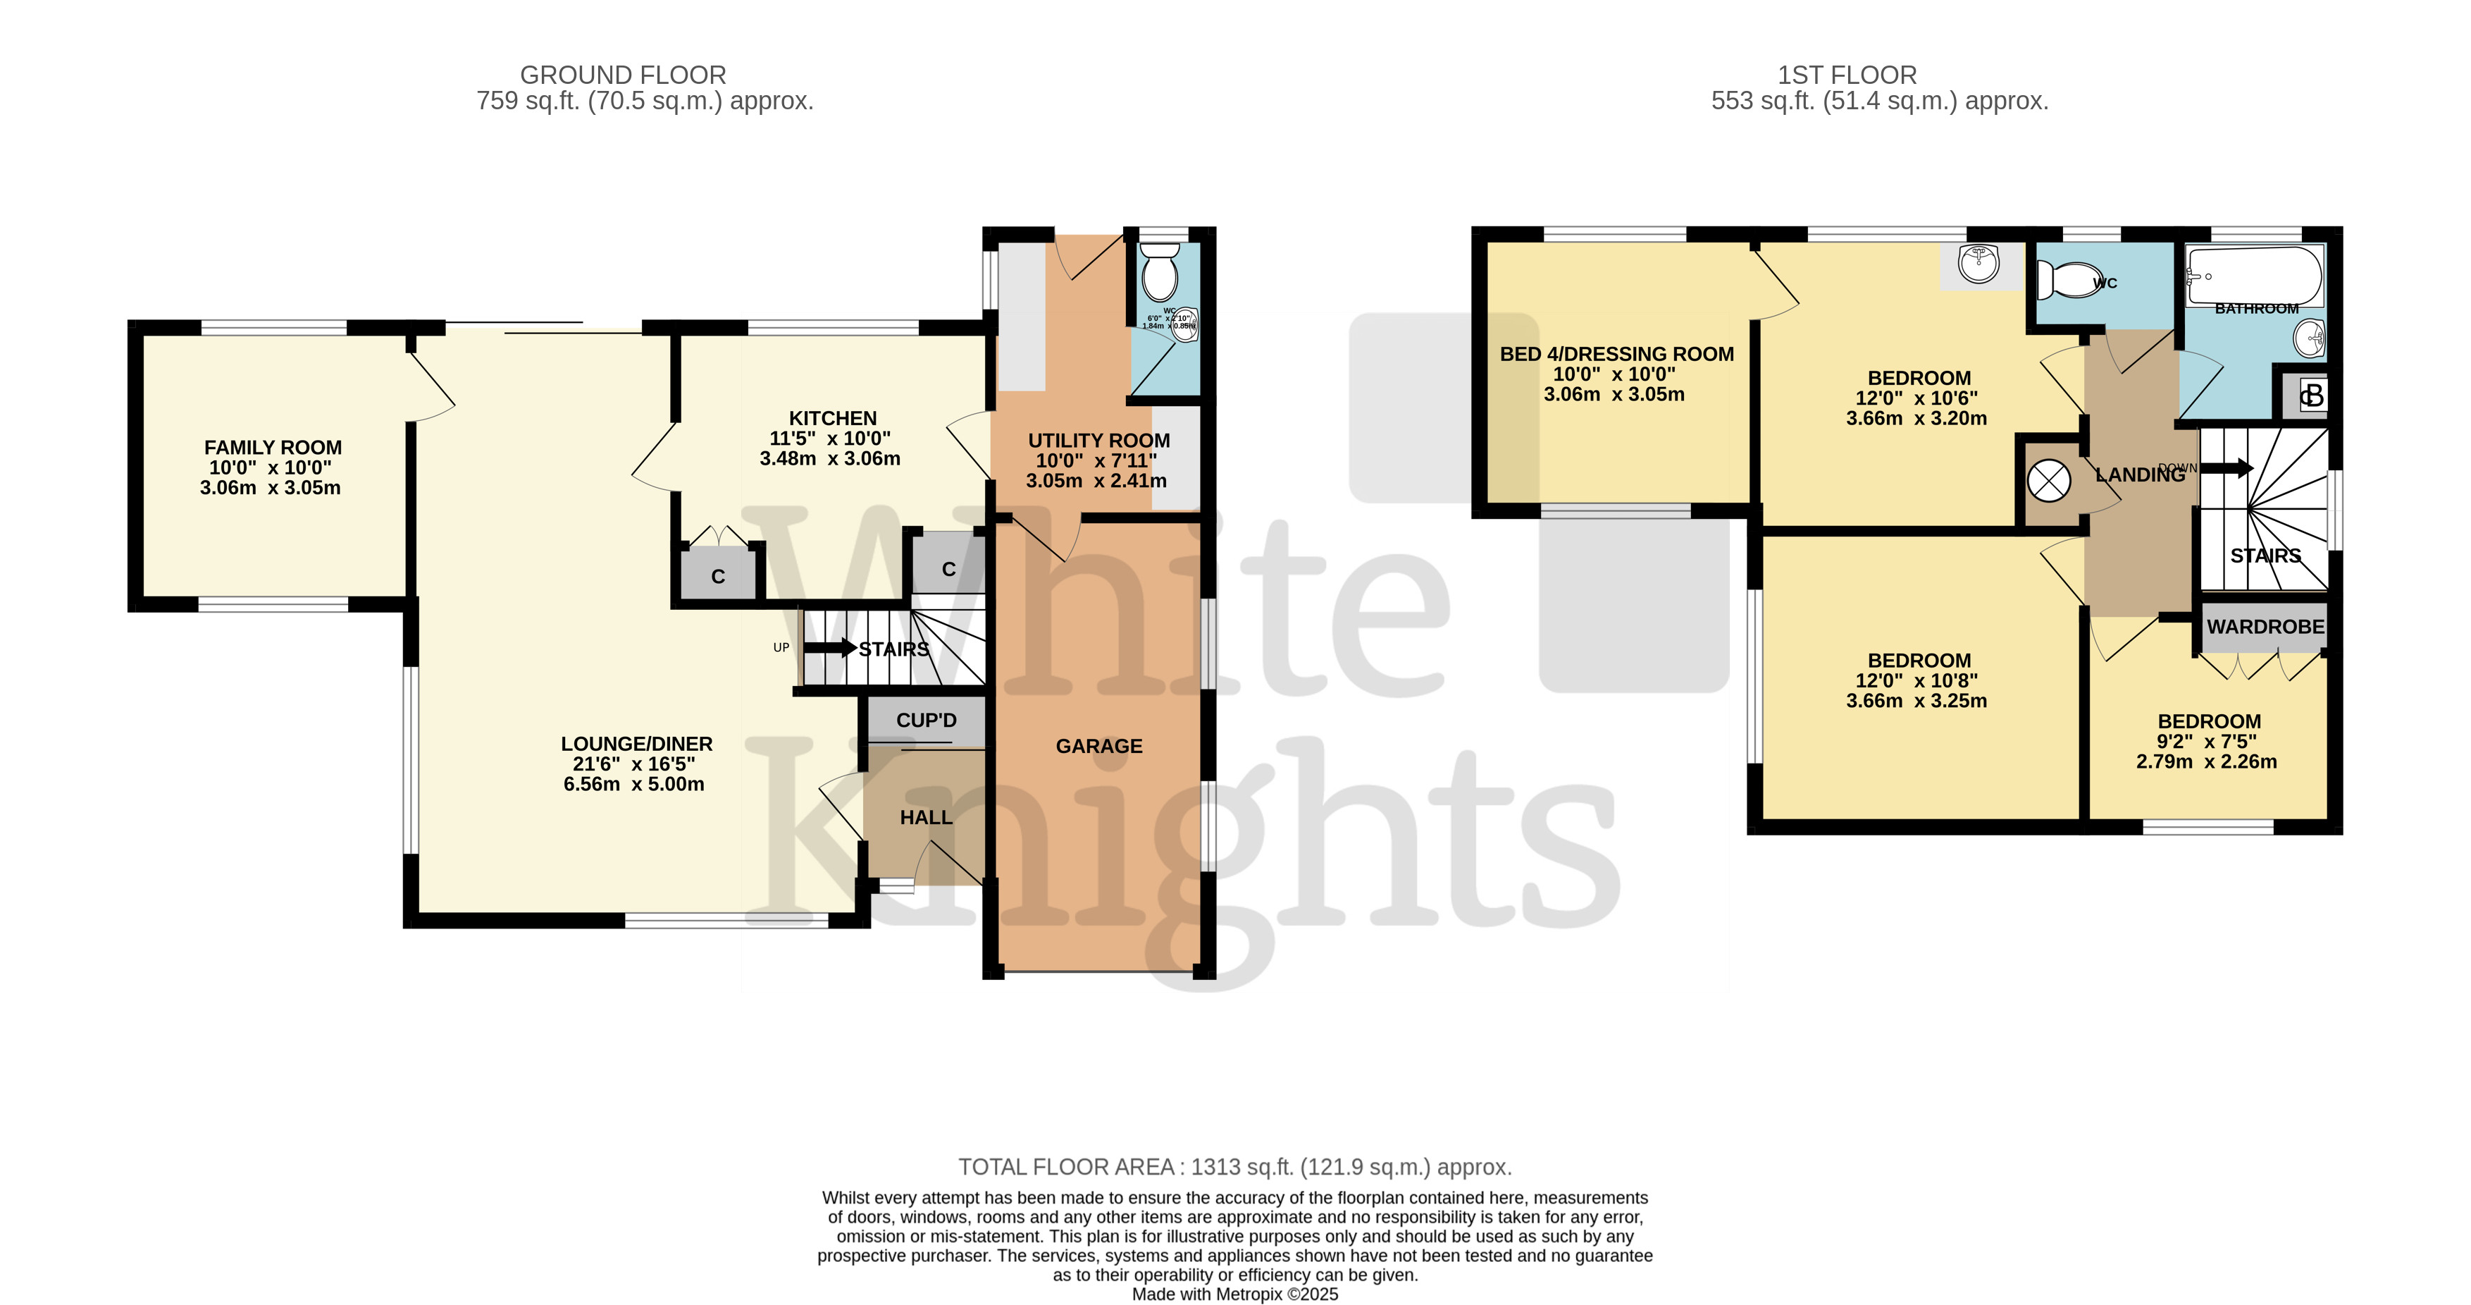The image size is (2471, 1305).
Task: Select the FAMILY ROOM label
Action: tap(273, 447)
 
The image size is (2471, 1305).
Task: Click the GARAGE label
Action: tap(1098, 746)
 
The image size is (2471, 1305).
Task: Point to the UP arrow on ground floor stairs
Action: tap(830, 648)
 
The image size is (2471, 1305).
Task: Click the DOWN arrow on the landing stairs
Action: tap(2225, 468)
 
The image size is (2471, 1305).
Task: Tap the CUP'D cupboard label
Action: tap(926, 720)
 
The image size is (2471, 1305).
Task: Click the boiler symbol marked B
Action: tap(2312, 394)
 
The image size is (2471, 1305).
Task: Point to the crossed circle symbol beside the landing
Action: tap(2049, 481)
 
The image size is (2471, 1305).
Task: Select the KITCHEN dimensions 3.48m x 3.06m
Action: tap(830, 459)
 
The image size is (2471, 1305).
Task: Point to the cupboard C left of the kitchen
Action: tap(717, 576)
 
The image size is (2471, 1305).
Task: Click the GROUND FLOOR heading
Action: tap(623, 75)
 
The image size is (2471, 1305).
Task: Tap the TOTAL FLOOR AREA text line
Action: tap(1234, 1167)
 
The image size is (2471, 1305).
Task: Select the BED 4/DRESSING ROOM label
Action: tap(1616, 354)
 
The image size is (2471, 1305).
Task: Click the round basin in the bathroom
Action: tap(2309, 337)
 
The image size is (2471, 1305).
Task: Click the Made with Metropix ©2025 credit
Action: tap(1234, 1294)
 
